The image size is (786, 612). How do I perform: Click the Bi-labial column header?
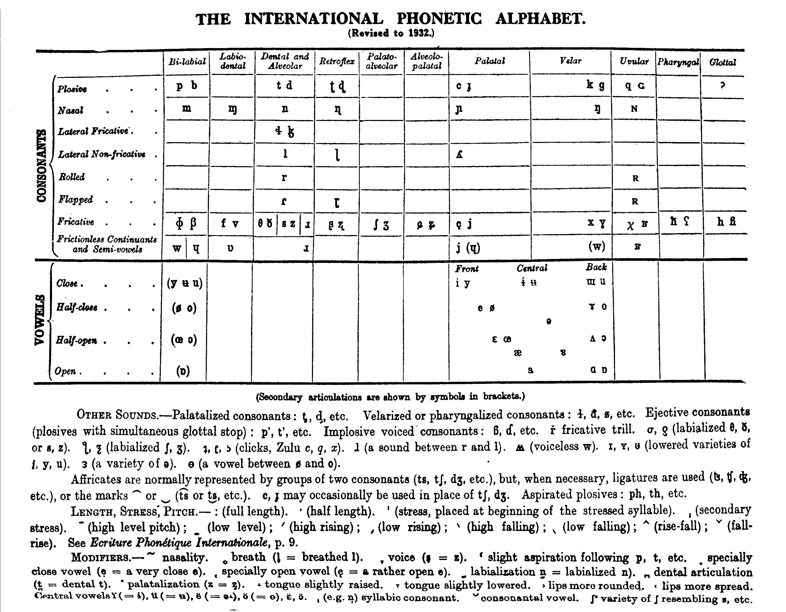[x=187, y=62]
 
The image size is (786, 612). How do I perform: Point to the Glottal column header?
[x=723, y=62]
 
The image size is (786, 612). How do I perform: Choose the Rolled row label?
[x=72, y=177]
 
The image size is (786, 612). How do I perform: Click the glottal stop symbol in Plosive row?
[x=722, y=85]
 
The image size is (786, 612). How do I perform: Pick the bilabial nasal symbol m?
[x=186, y=108]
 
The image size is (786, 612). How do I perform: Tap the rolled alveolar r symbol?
[x=284, y=177]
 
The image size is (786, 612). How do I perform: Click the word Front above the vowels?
[x=467, y=269]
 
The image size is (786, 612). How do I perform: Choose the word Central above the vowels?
[x=532, y=268]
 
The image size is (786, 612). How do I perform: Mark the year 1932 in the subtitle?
[x=419, y=33]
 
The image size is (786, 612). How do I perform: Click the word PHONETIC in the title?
[x=439, y=19]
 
